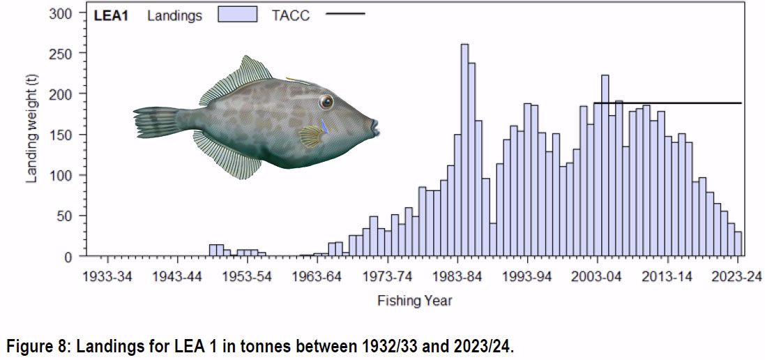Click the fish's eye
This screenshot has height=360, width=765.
[x=326, y=103]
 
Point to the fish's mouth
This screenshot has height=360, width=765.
[x=375, y=126]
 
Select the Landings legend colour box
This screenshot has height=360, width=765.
[x=238, y=15]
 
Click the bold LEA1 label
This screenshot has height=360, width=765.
[x=111, y=15]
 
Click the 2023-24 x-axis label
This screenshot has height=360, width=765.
[x=738, y=276]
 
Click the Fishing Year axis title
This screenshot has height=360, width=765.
[x=415, y=301]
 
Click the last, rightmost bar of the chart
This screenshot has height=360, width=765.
[x=738, y=244]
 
